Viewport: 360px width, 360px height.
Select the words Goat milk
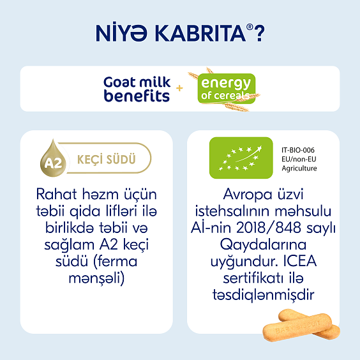[137, 83]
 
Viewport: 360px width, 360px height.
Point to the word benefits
[137, 96]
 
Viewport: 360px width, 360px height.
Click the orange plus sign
[179, 89]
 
